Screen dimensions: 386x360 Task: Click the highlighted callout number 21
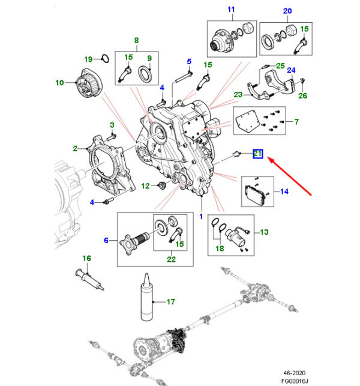[x=257, y=154]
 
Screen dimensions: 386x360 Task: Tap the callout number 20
[x=287, y=11]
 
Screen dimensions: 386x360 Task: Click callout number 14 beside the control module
[x=284, y=192]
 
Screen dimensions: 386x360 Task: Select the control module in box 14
[x=256, y=193]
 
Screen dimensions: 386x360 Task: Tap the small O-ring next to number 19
[x=104, y=59]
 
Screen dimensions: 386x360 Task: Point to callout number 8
[x=136, y=41]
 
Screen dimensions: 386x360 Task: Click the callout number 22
[x=170, y=259]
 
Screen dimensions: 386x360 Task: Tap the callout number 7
[x=295, y=122]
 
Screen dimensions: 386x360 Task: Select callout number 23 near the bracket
[x=238, y=94]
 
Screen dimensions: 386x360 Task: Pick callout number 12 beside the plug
[x=145, y=186]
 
